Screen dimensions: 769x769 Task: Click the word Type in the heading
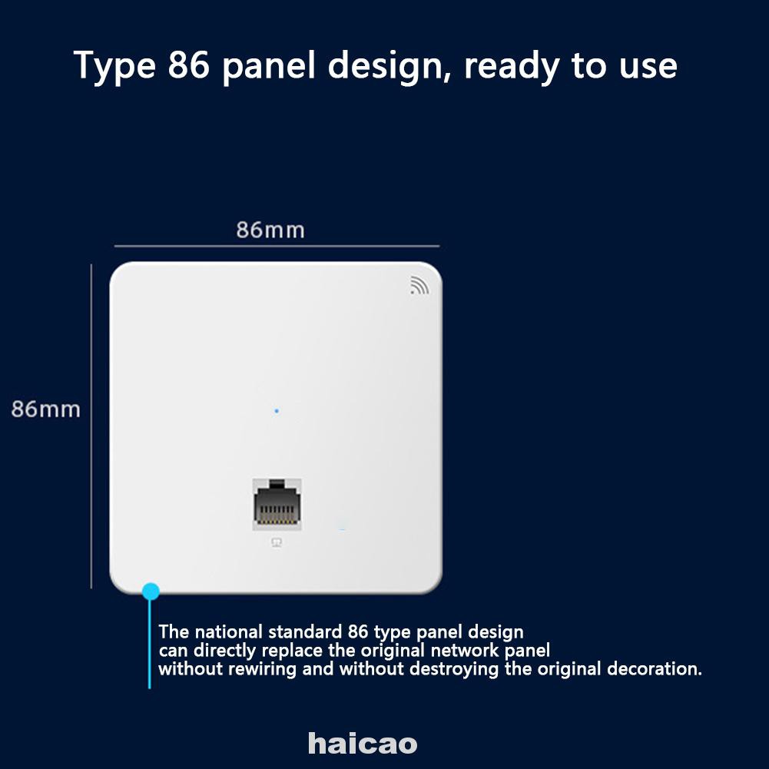point(112,67)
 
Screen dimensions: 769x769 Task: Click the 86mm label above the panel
point(270,230)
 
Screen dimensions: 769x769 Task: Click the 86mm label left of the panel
point(45,409)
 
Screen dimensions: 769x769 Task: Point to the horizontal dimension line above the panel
point(277,247)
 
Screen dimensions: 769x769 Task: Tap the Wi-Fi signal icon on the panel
point(419,285)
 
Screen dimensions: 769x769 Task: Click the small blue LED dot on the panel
point(277,411)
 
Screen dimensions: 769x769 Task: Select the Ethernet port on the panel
point(277,503)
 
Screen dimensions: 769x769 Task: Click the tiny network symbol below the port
point(277,542)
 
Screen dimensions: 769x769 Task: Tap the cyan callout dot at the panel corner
point(151,591)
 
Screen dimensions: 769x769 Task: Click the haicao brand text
point(363,743)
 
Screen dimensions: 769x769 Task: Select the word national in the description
point(228,632)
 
